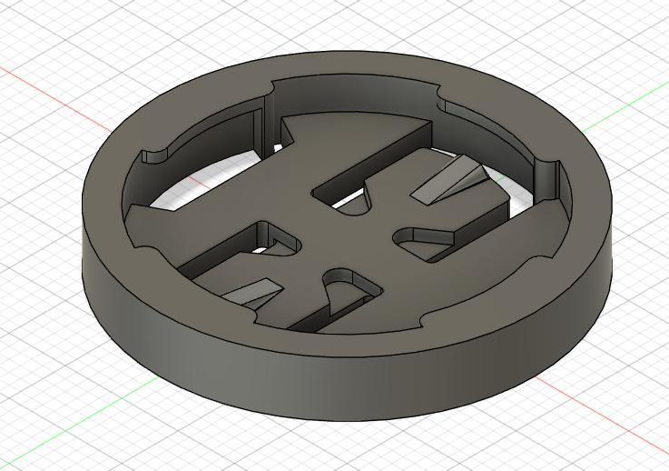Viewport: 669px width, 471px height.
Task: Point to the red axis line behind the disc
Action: click(54, 92)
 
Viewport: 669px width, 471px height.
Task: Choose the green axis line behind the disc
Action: click(626, 114)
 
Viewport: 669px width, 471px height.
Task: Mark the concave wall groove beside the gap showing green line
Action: click(548, 177)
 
